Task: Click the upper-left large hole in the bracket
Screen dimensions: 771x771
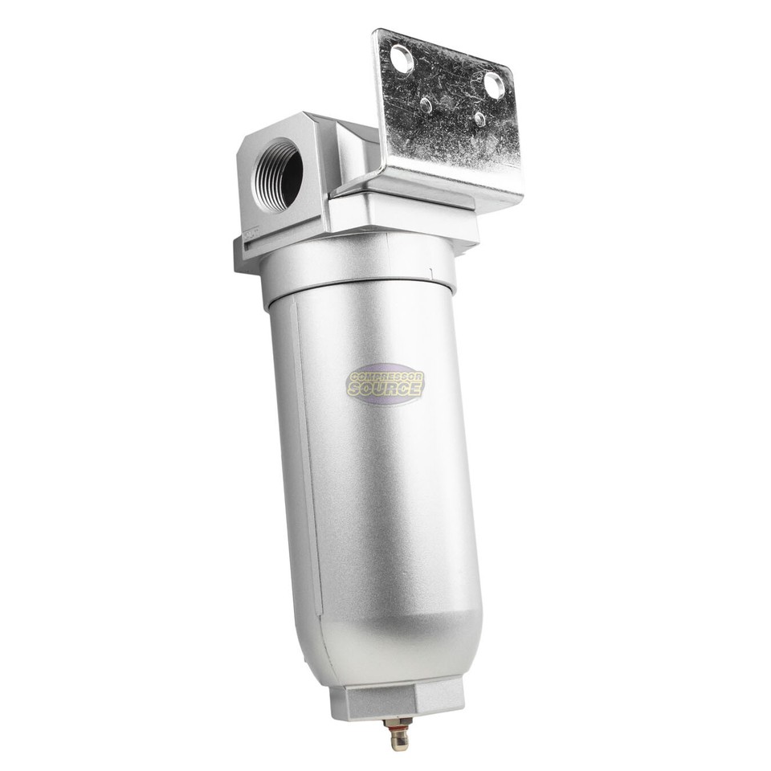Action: point(401,59)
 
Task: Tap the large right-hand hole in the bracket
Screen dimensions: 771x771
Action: point(494,85)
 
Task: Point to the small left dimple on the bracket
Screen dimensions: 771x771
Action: point(426,104)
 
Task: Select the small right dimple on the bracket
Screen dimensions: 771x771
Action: point(479,119)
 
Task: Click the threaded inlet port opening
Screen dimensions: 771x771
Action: point(279,174)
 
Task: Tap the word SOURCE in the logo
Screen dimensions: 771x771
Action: point(386,390)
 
